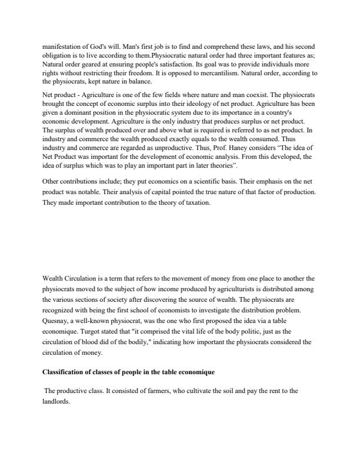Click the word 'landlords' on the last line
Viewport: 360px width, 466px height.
[57, 401]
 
